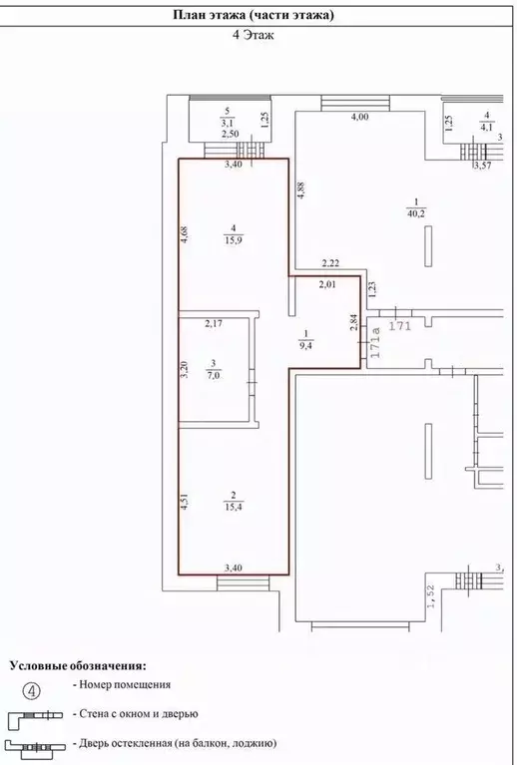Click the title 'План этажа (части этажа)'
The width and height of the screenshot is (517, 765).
(x=254, y=15)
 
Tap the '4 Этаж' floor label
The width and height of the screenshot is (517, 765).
(x=253, y=35)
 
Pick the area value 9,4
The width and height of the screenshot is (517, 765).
(x=306, y=345)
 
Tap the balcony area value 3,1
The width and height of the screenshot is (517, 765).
(x=228, y=124)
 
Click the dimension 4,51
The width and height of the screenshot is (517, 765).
(x=185, y=501)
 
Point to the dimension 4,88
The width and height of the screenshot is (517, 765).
(x=301, y=191)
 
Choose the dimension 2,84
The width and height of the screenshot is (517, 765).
(x=355, y=322)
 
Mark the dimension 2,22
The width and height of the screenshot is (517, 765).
(x=330, y=264)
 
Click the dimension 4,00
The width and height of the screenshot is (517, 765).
(x=360, y=117)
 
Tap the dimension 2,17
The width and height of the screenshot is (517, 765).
(x=214, y=323)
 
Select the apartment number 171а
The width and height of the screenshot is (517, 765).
(x=375, y=343)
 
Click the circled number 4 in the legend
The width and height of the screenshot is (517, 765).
(x=31, y=691)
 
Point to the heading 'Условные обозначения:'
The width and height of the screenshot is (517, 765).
(x=78, y=666)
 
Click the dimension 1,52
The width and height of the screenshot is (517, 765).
(x=431, y=596)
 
